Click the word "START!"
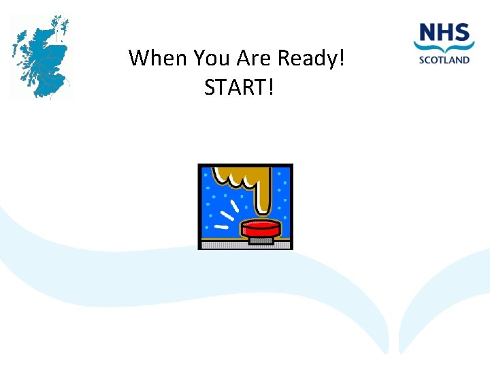coord(238,87)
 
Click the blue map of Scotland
coord(41,58)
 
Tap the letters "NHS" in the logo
coord(444,33)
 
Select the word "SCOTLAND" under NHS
coord(444,60)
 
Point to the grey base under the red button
coord(261,240)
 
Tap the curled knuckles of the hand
coord(235,181)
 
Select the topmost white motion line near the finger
coord(235,205)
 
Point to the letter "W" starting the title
coord(139,58)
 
